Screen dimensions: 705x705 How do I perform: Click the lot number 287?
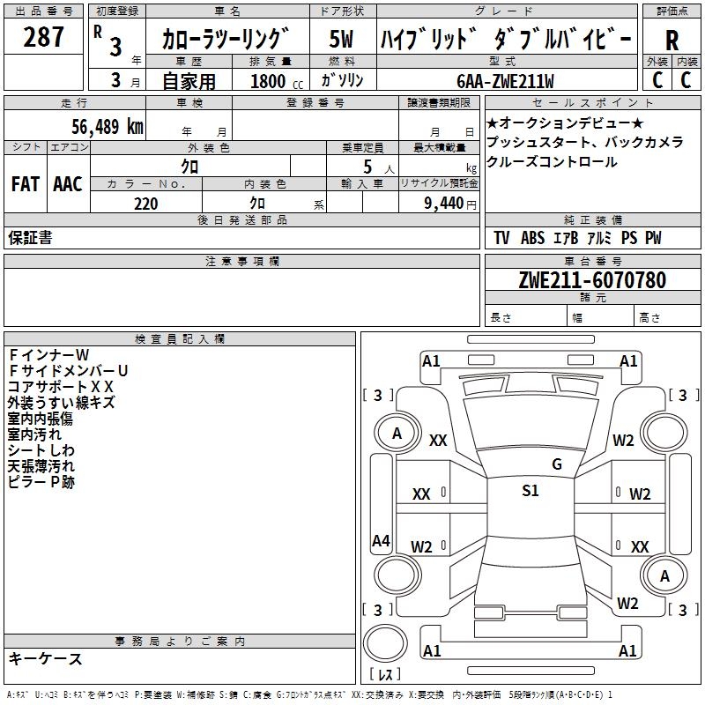tap(43, 37)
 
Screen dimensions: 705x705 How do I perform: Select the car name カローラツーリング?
tap(226, 39)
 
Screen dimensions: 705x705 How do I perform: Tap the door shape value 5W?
tap(341, 39)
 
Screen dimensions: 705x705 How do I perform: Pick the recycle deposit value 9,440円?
tap(449, 204)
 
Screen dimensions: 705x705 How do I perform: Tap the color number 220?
tap(145, 204)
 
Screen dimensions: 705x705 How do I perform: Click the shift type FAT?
tap(25, 184)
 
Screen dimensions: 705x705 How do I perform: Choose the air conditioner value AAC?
tap(67, 184)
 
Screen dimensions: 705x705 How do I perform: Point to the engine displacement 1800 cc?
tap(269, 81)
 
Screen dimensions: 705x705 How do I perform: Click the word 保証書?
tap(30, 237)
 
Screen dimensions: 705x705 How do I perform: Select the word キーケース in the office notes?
tap(45, 658)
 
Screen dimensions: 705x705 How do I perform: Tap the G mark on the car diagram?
tap(556, 464)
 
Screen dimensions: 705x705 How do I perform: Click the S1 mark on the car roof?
tap(530, 491)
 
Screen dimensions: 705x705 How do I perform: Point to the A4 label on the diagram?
tap(381, 541)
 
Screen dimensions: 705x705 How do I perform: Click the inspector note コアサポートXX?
tap(61, 387)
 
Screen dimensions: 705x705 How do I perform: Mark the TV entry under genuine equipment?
tap(501, 238)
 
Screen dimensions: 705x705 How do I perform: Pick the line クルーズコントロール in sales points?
tap(552, 162)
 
